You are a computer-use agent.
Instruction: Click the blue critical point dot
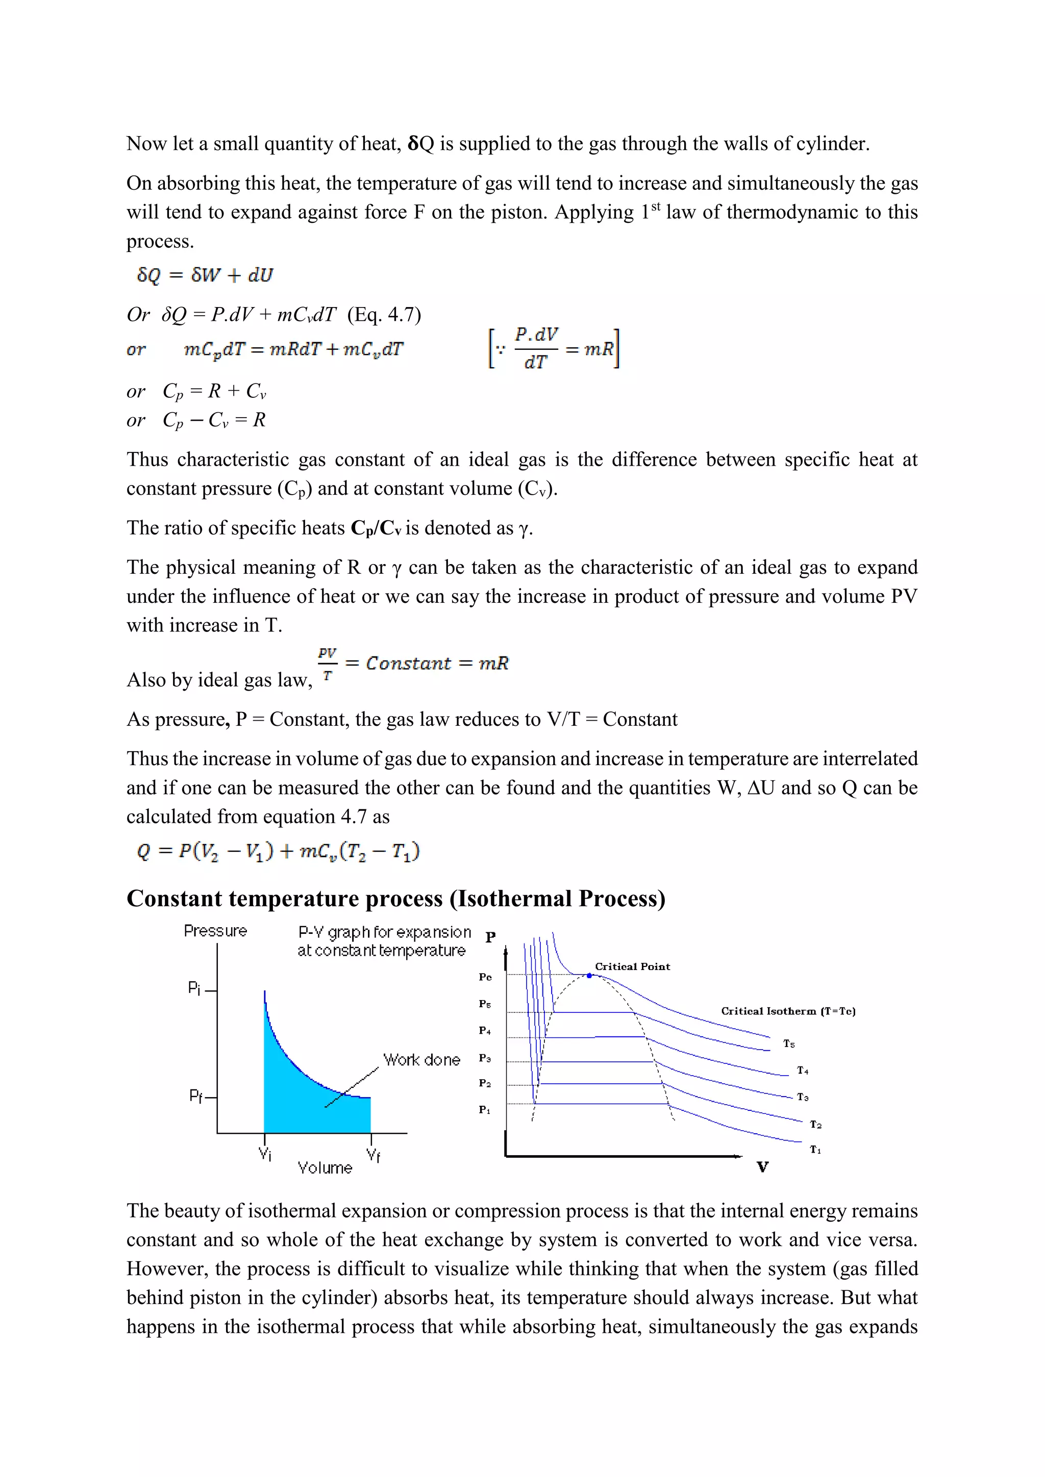(589, 976)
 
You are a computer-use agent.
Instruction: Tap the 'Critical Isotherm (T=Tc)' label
(788, 1011)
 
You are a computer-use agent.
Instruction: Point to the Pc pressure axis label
(485, 977)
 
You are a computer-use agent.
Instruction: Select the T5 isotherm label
(789, 1044)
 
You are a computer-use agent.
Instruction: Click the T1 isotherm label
(815, 1150)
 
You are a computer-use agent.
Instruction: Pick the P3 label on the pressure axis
(485, 1058)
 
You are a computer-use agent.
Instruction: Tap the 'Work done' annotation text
(421, 1060)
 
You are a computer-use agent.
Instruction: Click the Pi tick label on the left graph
(194, 987)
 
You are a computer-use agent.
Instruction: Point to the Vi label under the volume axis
(264, 1154)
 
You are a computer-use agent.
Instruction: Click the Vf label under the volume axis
(373, 1155)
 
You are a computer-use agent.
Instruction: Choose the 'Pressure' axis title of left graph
(215, 931)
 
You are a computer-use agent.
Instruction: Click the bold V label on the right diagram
(762, 1167)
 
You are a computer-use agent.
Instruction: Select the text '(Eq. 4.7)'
(384, 315)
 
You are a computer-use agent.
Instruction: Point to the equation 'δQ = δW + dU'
(205, 275)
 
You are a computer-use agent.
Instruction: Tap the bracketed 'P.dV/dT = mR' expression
(554, 349)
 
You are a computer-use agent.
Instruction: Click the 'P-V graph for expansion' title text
(384, 932)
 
